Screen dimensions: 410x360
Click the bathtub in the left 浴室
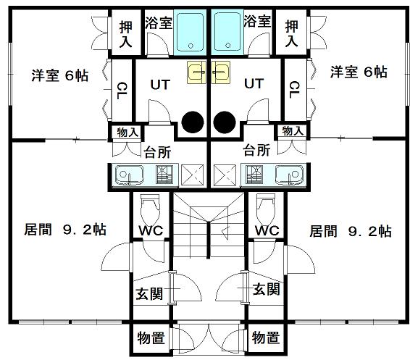(190, 33)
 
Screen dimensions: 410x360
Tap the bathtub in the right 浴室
(227, 33)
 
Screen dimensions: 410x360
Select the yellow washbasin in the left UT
(196, 72)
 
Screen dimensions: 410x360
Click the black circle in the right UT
(225, 122)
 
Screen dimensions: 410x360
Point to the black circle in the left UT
(193, 122)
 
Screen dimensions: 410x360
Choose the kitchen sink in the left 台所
(129, 175)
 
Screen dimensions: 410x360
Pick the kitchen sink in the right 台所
(290, 175)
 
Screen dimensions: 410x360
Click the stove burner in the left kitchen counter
(164, 175)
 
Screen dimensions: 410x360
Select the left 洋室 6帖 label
(60, 75)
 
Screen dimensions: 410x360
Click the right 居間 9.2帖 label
(351, 231)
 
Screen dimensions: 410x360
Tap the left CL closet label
(122, 91)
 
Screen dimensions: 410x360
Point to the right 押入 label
(291, 33)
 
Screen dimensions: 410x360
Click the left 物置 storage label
(151, 338)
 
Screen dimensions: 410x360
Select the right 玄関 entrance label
(266, 289)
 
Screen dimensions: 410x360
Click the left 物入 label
(127, 133)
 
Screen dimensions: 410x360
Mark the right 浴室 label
(257, 21)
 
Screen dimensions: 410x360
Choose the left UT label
(160, 85)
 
